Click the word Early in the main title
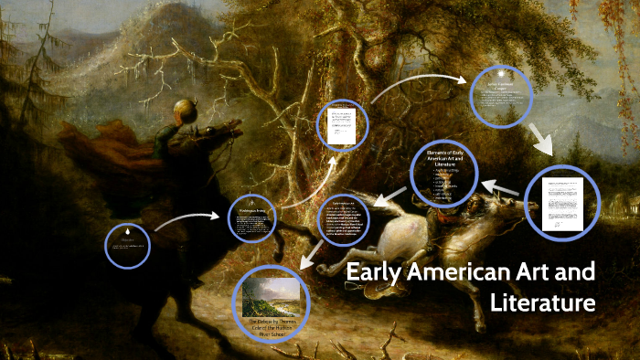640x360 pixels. click(375, 272)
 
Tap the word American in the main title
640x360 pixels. click(461, 272)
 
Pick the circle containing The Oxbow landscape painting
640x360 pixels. click(272, 302)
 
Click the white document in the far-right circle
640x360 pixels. click(559, 202)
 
